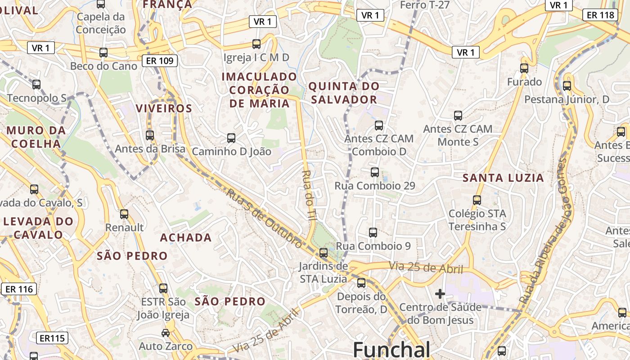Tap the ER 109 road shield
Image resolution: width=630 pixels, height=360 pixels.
[x=160, y=61]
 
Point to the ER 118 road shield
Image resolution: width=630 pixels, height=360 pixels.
[x=601, y=15]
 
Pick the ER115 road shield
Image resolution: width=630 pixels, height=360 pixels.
[x=52, y=338]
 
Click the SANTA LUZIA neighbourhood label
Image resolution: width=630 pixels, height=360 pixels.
[x=503, y=178]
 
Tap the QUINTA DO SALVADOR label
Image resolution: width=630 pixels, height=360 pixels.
[x=344, y=93]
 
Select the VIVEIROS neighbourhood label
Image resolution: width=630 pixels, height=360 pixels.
[x=164, y=108]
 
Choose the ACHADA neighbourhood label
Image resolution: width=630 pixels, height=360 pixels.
[x=186, y=238]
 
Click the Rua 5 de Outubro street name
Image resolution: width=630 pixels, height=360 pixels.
[x=264, y=218]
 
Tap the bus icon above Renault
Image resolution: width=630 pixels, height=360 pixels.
[x=124, y=214]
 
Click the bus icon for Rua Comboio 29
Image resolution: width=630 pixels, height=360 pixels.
[x=374, y=172]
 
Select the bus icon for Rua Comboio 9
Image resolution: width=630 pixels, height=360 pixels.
[x=373, y=232]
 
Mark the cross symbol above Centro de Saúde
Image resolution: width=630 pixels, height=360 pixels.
[x=440, y=294]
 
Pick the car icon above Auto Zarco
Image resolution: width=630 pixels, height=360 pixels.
[x=166, y=333]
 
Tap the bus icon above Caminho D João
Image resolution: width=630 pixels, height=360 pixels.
[x=231, y=138]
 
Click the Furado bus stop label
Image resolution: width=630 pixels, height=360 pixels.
[x=524, y=82]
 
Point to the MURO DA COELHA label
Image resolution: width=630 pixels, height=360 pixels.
[x=36, y=137]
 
